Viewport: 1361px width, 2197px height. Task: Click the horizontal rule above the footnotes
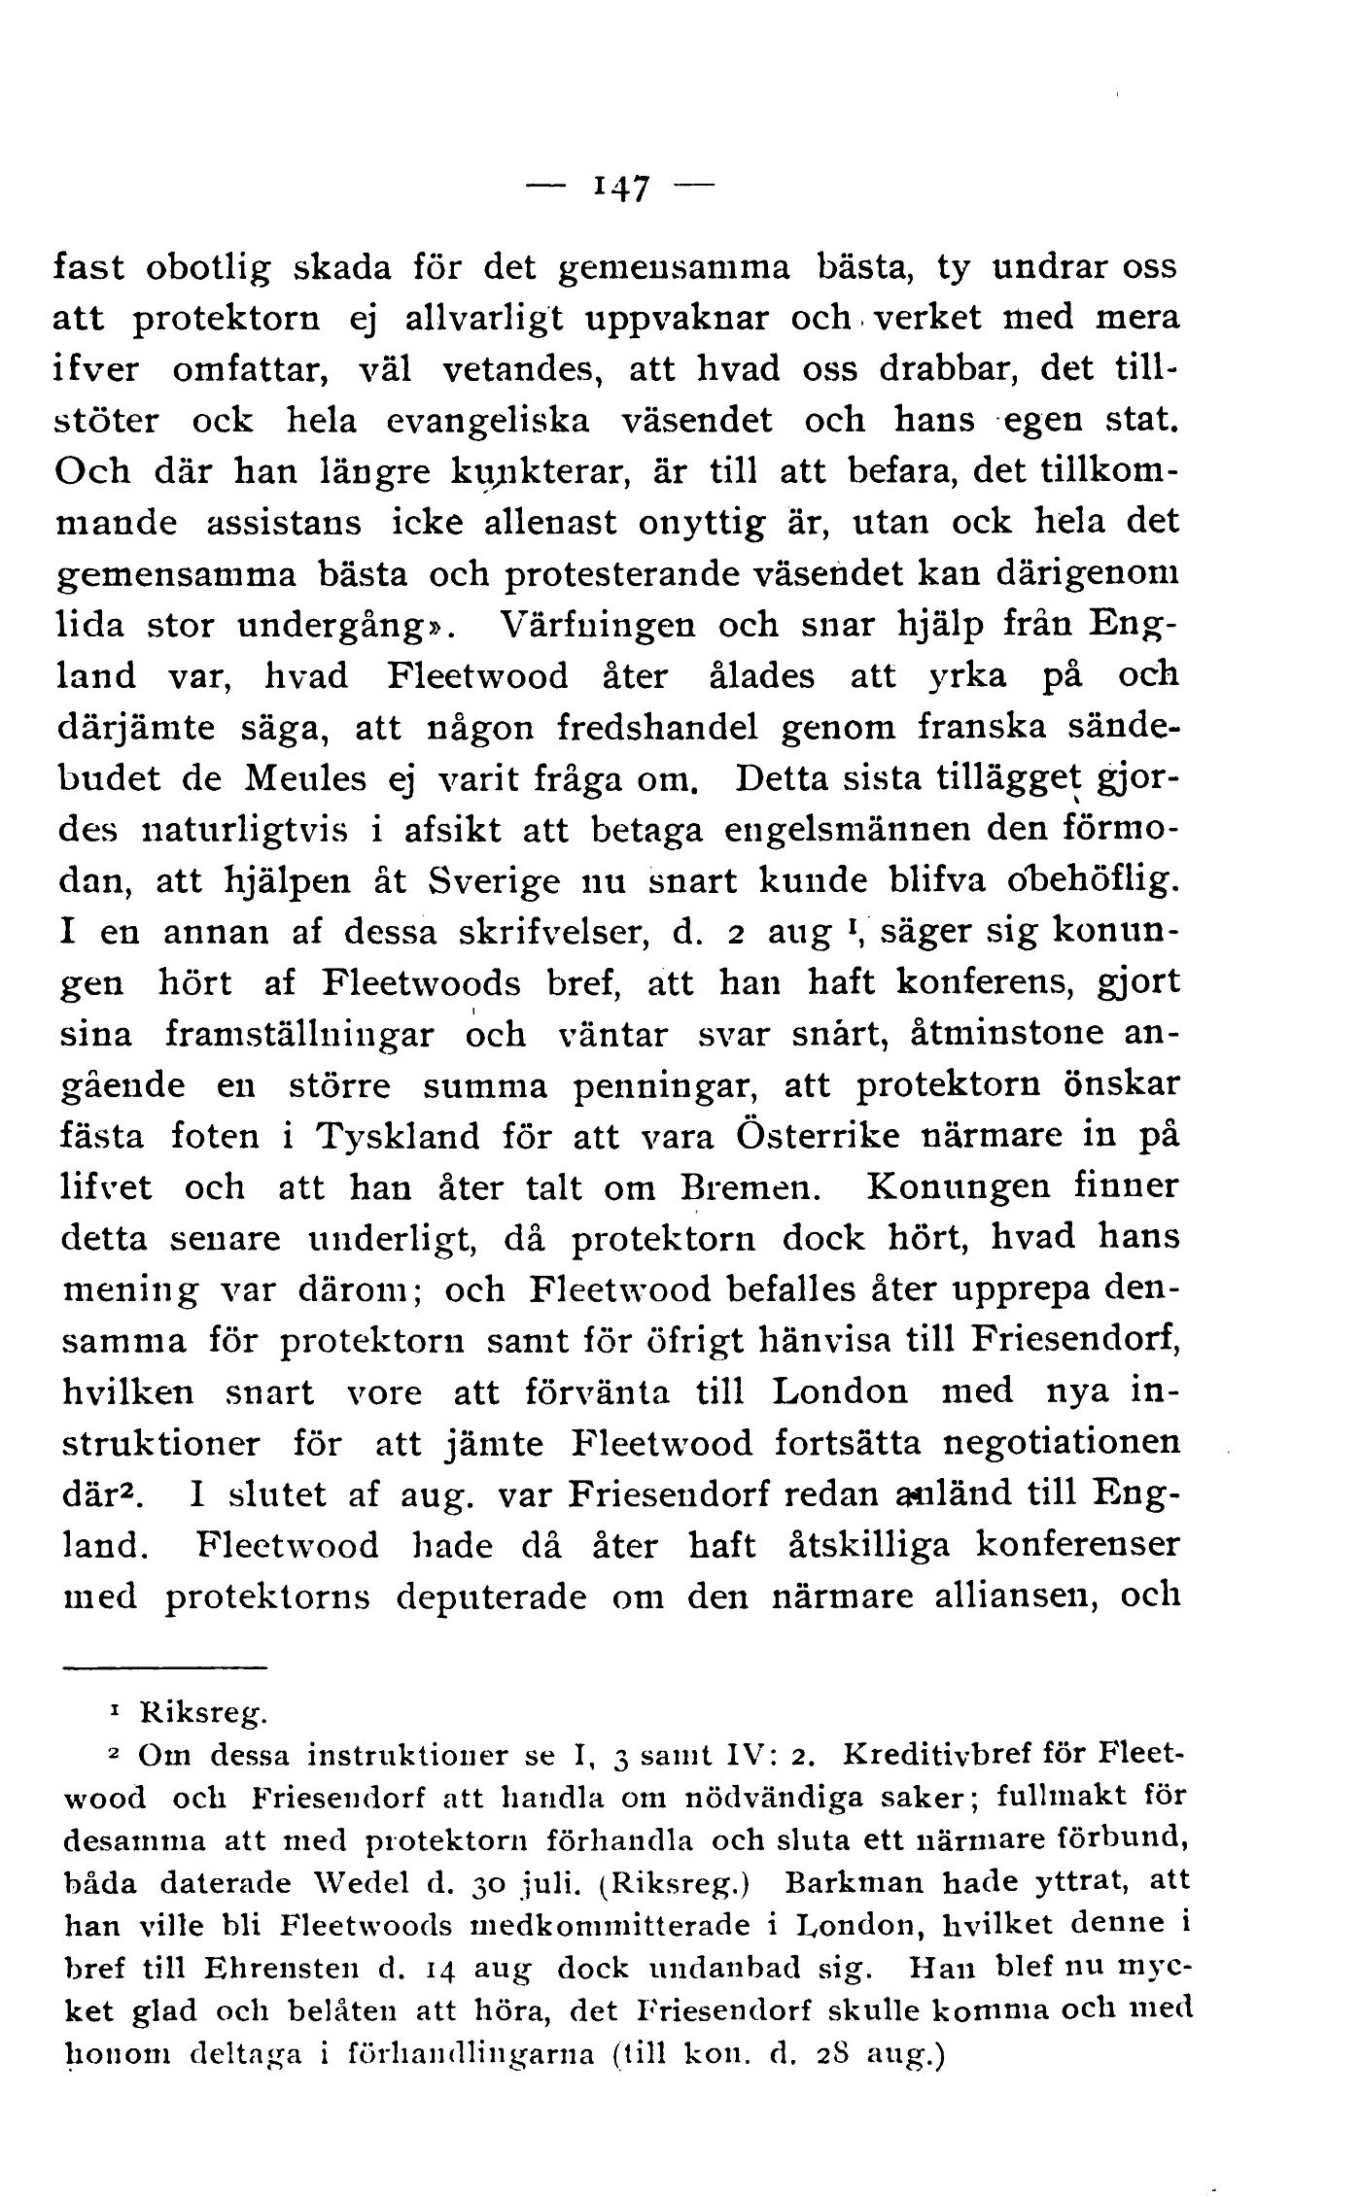pos(164,1669)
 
